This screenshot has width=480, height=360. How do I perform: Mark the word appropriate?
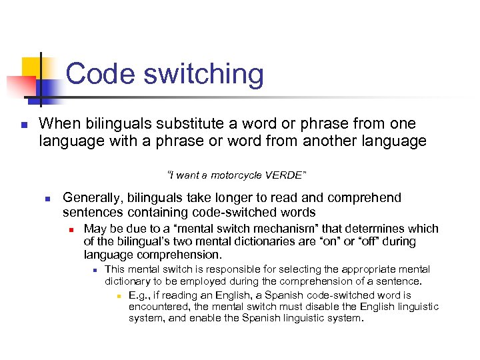(369, 269)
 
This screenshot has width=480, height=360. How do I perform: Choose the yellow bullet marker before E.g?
(117, 295)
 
